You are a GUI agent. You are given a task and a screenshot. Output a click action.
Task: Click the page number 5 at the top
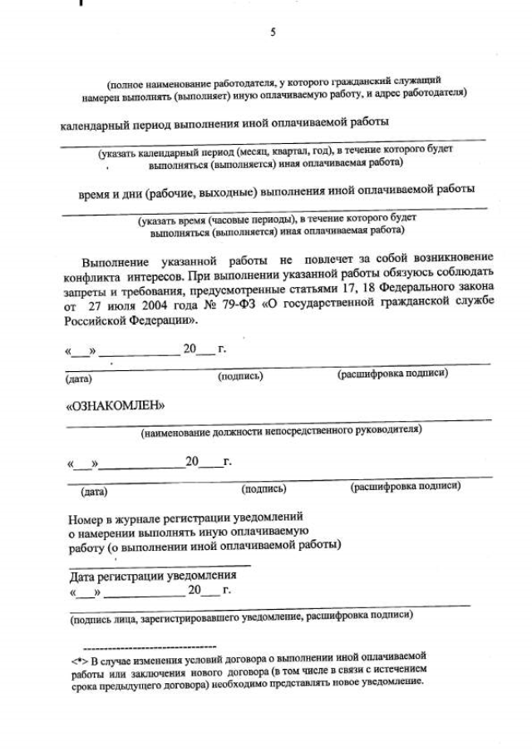pyautogui.click(x=272, y=32)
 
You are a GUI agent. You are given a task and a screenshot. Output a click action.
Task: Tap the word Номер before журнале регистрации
pyautogui.click(x=86, y=517)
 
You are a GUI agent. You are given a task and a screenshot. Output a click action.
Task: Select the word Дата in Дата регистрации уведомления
pyautogui.click(x=82, y=575)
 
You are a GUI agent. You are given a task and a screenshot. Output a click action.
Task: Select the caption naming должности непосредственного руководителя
pyautogui.click(x=281, y=431)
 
